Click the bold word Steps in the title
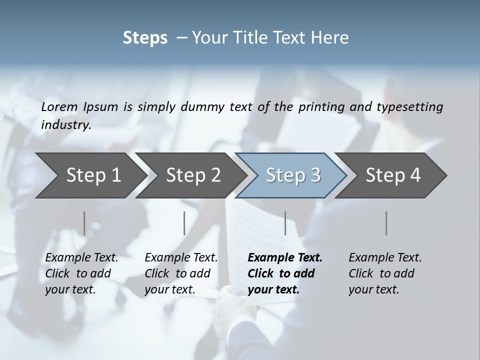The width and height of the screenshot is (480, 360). point(145,38)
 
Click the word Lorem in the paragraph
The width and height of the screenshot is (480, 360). point(59,106)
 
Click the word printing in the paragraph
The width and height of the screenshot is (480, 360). point(320,106)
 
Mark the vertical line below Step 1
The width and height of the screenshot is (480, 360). point(84,223)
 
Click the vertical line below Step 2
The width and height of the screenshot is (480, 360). point(184,223)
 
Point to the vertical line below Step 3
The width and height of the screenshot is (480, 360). point(285,223)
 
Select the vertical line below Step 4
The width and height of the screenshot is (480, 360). point(386,223)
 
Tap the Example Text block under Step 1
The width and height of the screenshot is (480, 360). point(81,273)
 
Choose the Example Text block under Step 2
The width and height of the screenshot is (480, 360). point(181,273)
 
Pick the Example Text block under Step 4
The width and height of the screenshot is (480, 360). point(385,273)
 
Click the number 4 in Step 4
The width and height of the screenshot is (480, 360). point(415,175)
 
